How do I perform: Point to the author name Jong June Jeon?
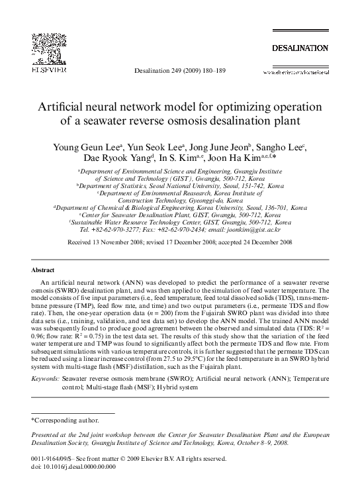(217, 146)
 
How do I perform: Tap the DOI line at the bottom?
(73, 466)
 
